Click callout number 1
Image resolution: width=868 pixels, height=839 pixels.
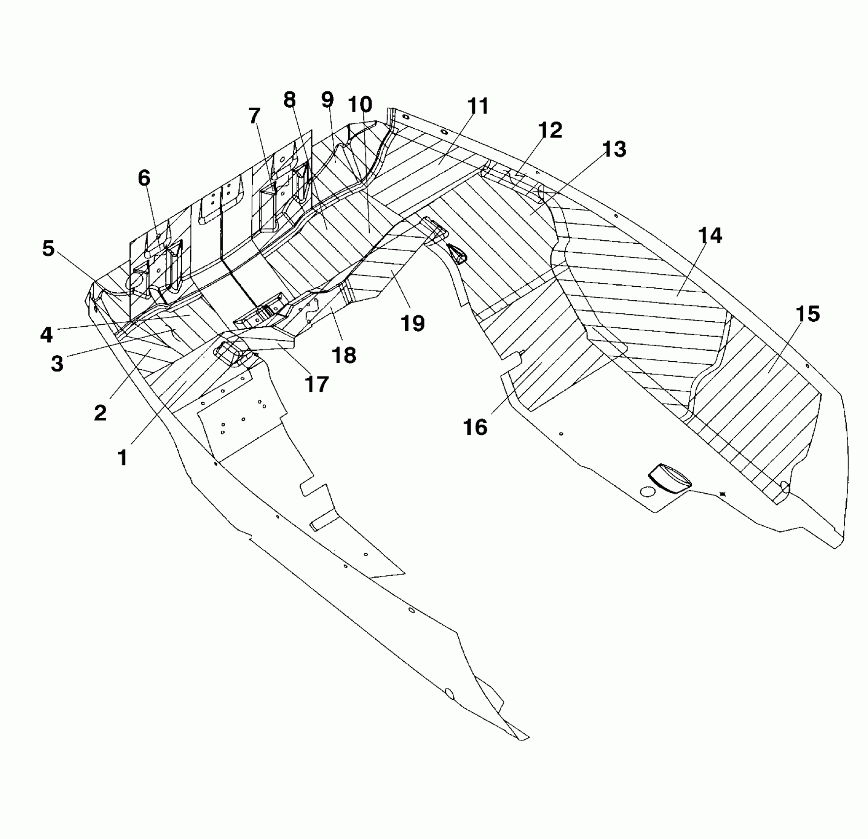tap(122, 458)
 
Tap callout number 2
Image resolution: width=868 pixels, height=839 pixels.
tap(100, 413)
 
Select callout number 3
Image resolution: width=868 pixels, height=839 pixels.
tap(57, 364)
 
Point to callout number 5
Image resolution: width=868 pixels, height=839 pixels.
tap(48, 249)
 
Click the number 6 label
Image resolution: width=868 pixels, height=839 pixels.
tap(144, 178)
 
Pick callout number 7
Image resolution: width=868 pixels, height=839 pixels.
tap(254, 116)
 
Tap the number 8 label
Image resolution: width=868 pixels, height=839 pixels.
tap(289, 100)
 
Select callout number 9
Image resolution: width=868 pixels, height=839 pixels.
tap(327, 100)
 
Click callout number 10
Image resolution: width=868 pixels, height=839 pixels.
tap(360, 104)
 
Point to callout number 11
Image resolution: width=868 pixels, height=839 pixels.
tap(477, 106)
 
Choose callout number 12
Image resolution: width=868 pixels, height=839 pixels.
tap(550, 130)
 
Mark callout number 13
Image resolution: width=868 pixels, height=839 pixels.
tap(614, 149)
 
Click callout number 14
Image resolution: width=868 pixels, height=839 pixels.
tap(710, 236)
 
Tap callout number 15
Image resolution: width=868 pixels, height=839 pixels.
tap(808, 314)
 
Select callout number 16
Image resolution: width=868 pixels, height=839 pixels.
tap(475, 427)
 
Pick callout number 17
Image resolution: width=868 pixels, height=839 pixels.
tap(316, 384)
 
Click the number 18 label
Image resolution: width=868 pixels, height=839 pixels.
tap(344, 355)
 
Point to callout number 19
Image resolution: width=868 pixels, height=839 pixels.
tap(413, 323)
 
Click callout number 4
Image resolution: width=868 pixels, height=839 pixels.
tap(46, 335)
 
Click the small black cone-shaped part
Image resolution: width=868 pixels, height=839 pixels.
tap(457, 254)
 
